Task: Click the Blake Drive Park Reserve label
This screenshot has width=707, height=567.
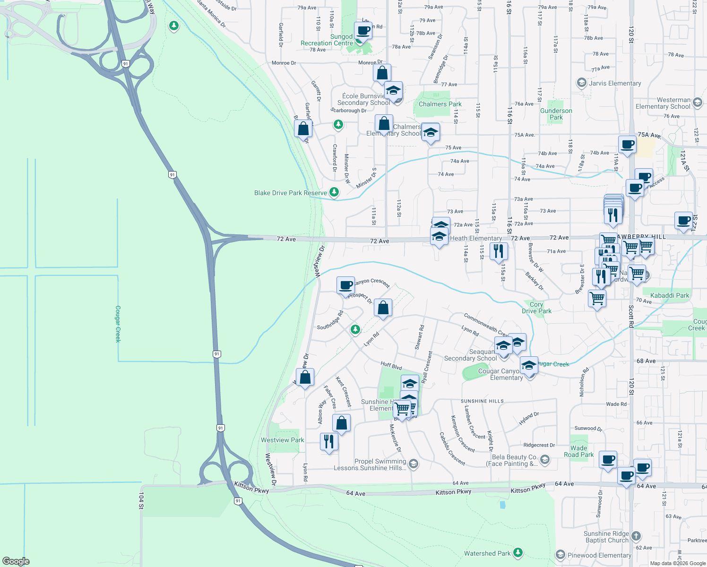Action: [291, 193]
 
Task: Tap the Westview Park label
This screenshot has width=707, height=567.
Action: [283, 440]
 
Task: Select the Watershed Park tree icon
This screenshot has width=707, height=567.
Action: [518, 552]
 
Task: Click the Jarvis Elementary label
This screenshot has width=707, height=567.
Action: [615, 83]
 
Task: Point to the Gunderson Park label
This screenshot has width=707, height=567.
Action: [556, 114]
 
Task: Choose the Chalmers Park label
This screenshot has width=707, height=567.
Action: [440, 104]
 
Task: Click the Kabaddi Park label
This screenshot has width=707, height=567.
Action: [670, 295]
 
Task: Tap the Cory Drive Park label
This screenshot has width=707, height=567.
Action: [536, 308]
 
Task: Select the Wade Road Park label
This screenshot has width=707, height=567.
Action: [578, 451]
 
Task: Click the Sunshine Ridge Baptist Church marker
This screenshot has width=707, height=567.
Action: [636, 536]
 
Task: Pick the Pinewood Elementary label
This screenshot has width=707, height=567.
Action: [599, 555]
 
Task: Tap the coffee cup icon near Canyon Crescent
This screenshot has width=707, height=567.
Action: [346, 285]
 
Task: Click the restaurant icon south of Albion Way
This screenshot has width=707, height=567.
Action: [329, 441]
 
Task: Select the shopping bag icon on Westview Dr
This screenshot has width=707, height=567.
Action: [305, 377]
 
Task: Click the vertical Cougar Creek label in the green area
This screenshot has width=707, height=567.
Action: [118, 324]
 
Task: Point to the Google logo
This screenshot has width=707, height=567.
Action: [16, 561]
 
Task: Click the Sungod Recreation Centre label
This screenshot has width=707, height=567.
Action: [327, 40]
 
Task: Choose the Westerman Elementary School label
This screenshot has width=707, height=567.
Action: [663, 103]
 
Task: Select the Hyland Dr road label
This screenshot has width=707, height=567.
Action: [529, 418]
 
